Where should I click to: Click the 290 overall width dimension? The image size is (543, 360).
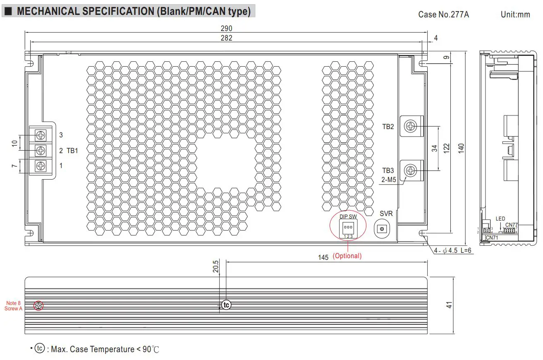click(226, 29)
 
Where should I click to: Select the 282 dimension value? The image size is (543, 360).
click(226, 38)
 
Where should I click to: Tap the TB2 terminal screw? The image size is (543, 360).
click(411, 126)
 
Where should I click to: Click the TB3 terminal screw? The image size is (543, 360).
click(411, 170)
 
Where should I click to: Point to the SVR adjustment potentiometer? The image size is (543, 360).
click(383, 229)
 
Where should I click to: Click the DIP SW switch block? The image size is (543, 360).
click(348, 228)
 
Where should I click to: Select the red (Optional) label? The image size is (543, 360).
click(347, 256)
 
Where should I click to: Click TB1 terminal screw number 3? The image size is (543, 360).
click(41, 135)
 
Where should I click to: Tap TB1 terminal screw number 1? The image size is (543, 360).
click(41, 166)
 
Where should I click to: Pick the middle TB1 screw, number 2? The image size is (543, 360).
click(41, 150)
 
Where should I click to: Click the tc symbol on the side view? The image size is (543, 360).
click(226, 305)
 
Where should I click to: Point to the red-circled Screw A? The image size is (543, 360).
click(38, 306)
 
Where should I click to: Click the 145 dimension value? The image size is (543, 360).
click(323, 257)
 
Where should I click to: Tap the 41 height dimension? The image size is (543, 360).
click(449, 305)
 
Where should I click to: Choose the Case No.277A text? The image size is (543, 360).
click(443, 14)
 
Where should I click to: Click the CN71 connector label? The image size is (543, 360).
click(492, 238)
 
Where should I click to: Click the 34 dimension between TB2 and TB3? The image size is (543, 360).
click(435, 148)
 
